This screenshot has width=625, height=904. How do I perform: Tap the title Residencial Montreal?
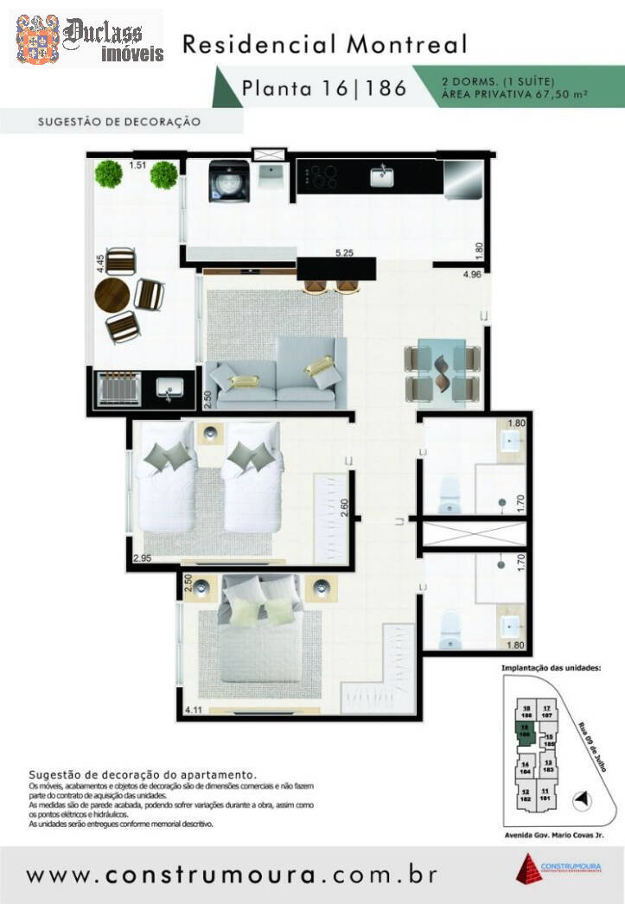324,44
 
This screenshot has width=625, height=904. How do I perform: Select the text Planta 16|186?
323,87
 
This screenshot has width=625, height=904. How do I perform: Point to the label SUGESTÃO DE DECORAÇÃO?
119,122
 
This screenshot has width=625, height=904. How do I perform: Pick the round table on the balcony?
112,294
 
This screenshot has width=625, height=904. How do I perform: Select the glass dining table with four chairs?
443,371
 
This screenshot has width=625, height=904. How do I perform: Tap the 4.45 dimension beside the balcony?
101,264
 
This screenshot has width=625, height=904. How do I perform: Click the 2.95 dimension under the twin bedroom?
143,558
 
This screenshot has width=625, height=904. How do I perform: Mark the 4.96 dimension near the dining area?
472,275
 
